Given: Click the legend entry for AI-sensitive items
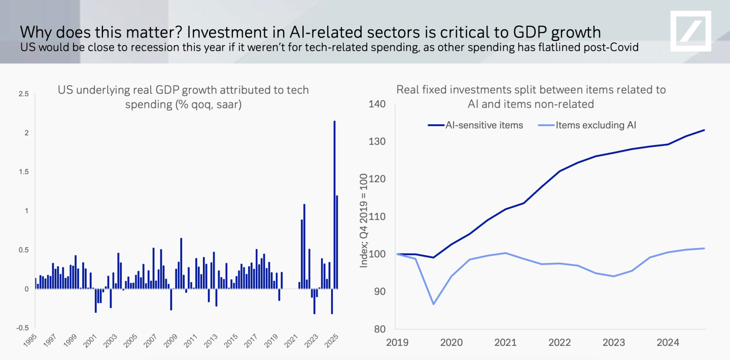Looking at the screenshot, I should (x=484, y=125).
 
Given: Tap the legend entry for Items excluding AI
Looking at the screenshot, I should (x=596, y=125).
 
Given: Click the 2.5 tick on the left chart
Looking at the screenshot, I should (x=23, y=94).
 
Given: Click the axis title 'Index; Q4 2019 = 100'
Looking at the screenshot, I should (x=364, y=223).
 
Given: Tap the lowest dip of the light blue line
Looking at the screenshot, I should (x=434, y=304).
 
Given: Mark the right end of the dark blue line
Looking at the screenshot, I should (x=705, y=130).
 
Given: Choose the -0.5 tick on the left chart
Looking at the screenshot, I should (x=22, y=328).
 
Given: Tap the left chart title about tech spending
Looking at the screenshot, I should (x=183, y=96).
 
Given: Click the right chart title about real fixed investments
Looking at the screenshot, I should (x=531, y=96).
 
